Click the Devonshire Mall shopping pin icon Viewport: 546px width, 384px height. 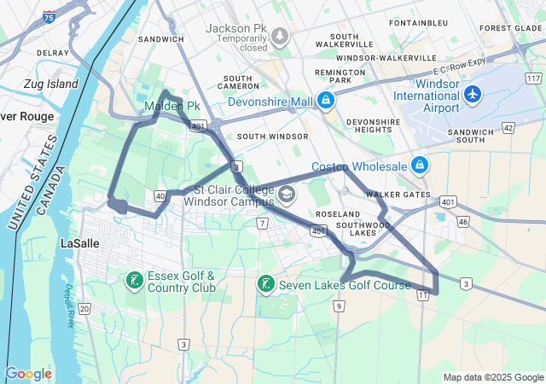click(x=324, y=102)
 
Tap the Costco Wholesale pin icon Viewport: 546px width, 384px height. click(x=419, y=165)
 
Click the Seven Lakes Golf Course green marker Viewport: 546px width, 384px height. click(x=266, y=283)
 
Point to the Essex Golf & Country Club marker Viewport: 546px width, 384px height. click(x=134, y=280)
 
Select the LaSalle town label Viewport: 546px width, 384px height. click(x=83, y=242)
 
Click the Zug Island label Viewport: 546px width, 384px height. click(x=51, y=84)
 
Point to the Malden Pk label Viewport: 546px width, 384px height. click(x=171, y=106)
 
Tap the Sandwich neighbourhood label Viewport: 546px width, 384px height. click(x=161, y=39)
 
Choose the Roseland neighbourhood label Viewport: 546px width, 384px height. click(x=337, y=213)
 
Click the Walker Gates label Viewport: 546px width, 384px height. click(x=398, y=195)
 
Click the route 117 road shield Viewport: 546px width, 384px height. click(x=533, y=78)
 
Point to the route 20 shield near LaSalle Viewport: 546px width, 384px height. click(x=84, y=308)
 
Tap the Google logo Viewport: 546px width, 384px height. click(x=28, y=374)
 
